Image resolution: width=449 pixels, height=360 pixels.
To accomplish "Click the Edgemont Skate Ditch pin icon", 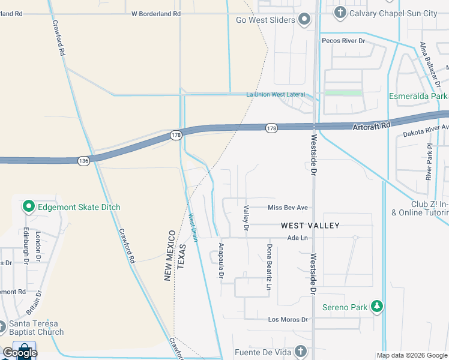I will coord(28,207).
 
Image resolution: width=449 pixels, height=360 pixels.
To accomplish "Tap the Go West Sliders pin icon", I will coord(304,20).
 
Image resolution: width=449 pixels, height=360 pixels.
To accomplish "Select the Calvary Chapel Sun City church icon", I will coord(340,13).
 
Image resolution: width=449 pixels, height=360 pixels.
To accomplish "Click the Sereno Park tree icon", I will coord(376,307).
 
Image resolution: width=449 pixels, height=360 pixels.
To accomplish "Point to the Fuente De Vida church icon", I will coord(301,352).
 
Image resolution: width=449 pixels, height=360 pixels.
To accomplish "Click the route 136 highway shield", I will coord(83,160).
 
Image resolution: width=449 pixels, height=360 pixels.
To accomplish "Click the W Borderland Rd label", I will coord(155,13).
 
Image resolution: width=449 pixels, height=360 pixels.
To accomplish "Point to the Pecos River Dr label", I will coord(343,40).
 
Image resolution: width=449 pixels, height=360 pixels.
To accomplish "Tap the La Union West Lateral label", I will coord(276,94).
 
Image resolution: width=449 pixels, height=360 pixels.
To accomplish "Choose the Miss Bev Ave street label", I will coord(288,208).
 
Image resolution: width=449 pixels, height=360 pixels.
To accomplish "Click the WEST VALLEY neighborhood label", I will coord(310,226).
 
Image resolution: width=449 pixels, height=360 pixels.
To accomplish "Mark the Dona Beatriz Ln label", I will coord(270,261).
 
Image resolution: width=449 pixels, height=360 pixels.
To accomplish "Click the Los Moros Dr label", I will coord(288,319).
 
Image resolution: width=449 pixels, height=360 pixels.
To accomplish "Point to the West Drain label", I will coord(193,228).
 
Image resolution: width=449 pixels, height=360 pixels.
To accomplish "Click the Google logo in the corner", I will coord(19,353).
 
